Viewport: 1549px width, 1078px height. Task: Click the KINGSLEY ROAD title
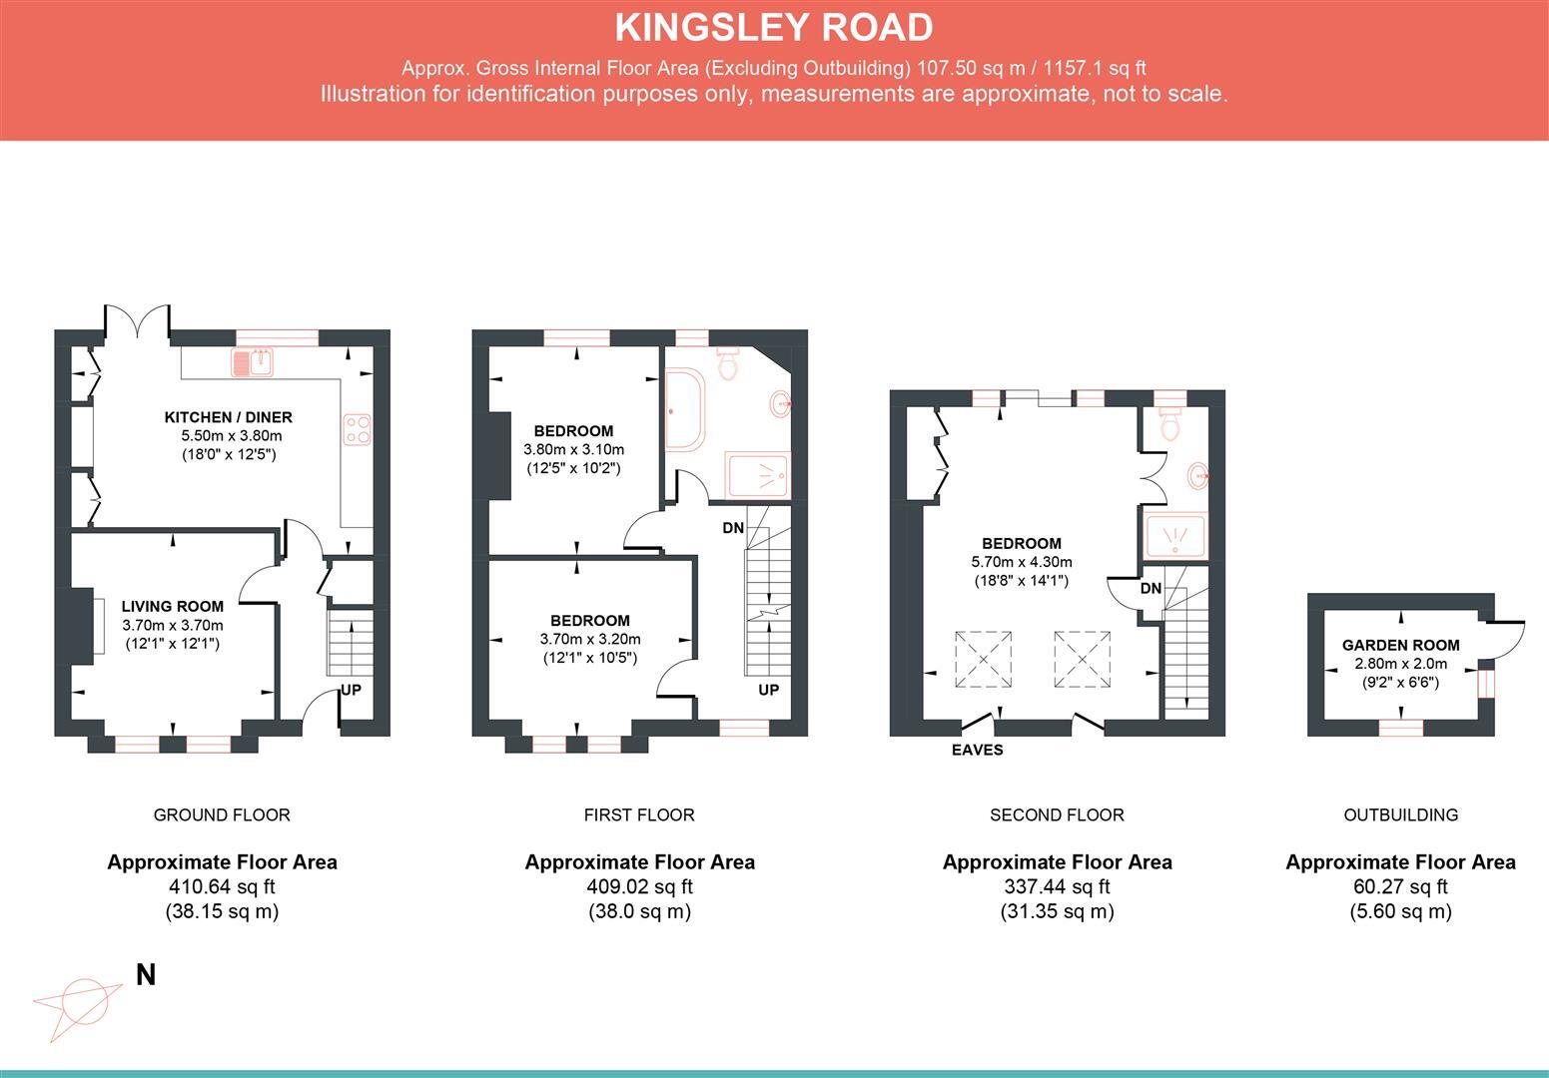coord(774,28)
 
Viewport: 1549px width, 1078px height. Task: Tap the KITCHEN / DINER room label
coord(229,417)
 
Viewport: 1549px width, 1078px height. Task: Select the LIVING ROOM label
coord(173,606)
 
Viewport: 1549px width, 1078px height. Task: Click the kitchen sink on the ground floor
coord(253,362)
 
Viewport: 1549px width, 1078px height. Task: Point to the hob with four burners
coord(358,429)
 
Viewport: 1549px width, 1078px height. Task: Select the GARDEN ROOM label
coord(1400,645)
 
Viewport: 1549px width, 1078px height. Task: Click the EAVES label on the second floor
coord(977,750)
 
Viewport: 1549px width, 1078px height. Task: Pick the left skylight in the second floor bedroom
coord(984,659)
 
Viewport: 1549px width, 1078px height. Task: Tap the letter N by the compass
coord(146,975)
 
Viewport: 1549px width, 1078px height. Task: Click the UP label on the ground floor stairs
coord(351,690)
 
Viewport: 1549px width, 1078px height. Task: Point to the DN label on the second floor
coord(1151,588)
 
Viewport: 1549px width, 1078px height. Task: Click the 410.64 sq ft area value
coord(222,886)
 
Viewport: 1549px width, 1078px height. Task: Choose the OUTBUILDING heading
coord(1400,814)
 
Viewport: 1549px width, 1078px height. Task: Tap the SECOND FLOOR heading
coord(1057,814)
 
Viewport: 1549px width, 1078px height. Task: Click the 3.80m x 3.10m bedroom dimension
coord(573,449)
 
